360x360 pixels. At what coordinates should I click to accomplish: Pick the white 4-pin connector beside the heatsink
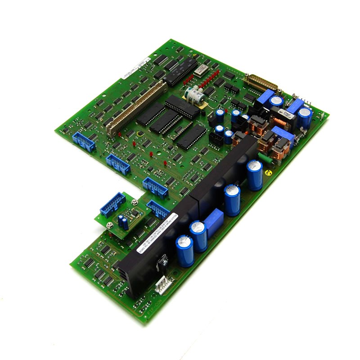pyautogui.click(x=161, y=284)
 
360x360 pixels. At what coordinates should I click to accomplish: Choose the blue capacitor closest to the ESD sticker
pyautogui.click(x=254, y=175)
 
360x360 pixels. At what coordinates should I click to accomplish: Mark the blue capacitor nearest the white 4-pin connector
pyautogui.click(x=185, y=250)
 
